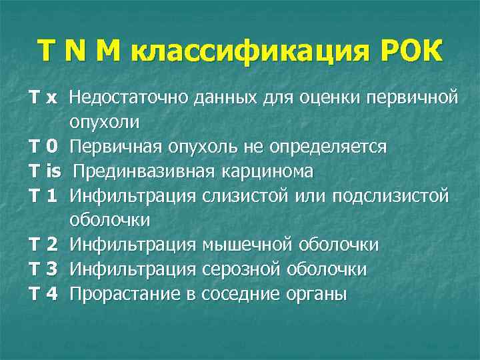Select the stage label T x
click(x=43, y=99)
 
